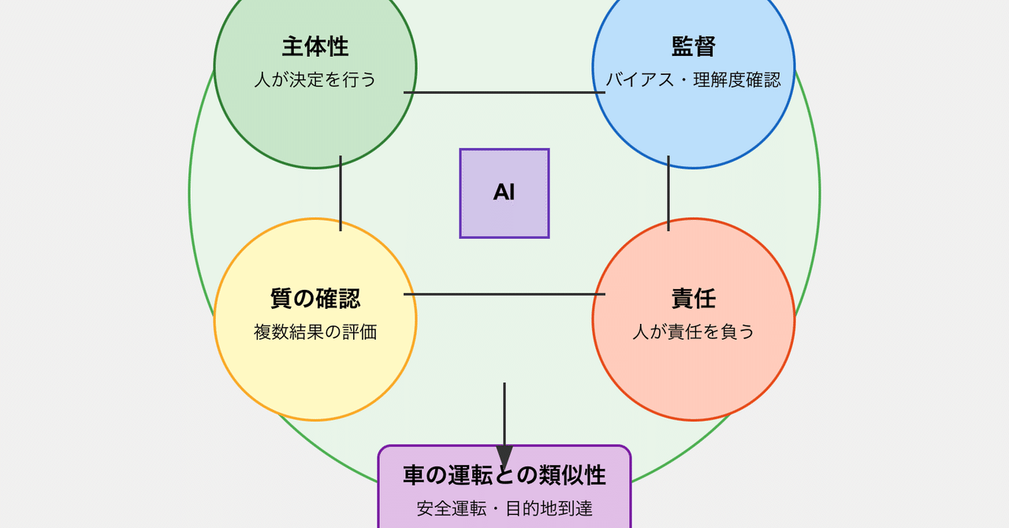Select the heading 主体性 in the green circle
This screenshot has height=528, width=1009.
[x=315, y=46]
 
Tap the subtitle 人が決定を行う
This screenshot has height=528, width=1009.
[x=315, y=80]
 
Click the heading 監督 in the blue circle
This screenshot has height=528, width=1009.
[x=694, y=46]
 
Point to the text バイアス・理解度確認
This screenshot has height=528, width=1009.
[x=694, y=80]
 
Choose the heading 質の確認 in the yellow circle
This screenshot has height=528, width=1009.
[x=315, y=299]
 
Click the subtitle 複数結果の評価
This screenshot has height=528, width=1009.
[x=315, y=332]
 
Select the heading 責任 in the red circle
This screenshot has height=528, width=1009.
[x=694, y=299]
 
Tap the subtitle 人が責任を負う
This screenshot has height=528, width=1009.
[x=694, y=332]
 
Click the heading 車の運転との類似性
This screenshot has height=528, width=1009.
[x=504, y=475]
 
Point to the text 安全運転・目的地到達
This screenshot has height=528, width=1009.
[x=504, y=508]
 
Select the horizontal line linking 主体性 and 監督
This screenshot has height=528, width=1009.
[x=504, y=92]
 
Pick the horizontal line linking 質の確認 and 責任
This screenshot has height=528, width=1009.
[x=504, y=294]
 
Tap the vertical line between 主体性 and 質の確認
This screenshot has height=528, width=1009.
[x=341, y=193]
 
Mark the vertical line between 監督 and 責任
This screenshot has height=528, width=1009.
[x=668, y=193]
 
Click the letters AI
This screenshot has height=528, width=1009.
[x=504, y=192]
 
